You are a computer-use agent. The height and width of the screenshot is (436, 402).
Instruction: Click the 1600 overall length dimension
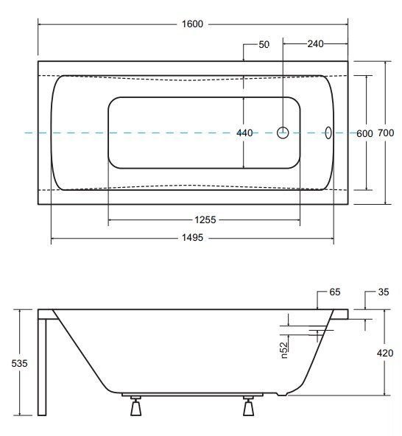(x=192, y=24)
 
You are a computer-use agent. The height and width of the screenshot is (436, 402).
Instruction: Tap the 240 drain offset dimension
(x=315, y=43)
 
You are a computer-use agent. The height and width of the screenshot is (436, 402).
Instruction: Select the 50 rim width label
(x=264, y=44)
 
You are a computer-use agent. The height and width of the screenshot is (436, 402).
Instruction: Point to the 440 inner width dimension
(x=244, y=133)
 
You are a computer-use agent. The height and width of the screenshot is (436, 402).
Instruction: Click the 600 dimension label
(x=364, y=134)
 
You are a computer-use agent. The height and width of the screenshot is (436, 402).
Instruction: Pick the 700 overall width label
(x=386, y=133)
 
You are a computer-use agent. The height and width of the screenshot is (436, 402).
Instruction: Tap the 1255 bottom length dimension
(x=205, y=220)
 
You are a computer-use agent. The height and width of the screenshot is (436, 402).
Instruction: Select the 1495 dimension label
(x=192, y=238)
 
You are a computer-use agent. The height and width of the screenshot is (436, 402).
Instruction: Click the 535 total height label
(x=19, y=363)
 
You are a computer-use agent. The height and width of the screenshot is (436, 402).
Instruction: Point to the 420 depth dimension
(x=385, y=353)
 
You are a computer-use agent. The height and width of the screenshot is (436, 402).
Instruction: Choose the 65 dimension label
(x=335, y=292)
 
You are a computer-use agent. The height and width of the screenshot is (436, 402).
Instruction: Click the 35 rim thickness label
(x=384, y=292)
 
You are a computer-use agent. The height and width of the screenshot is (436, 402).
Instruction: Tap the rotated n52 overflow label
(x=284, y=350)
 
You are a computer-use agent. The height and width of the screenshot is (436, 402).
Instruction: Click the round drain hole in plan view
(x=283, y=133)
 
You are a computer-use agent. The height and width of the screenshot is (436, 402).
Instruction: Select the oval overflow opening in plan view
(x=328, y=133)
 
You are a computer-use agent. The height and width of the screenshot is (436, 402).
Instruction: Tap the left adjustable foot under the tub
(x=136, y=406)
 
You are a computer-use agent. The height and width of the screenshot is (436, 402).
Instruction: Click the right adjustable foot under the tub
(x=249, y=406)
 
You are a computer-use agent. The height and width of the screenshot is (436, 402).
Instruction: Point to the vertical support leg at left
(x=42, y=367)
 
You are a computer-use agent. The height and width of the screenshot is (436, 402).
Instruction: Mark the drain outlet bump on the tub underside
(x=282, y=393)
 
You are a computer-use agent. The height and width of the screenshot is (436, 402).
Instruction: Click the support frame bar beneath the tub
(x=192, y=395)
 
